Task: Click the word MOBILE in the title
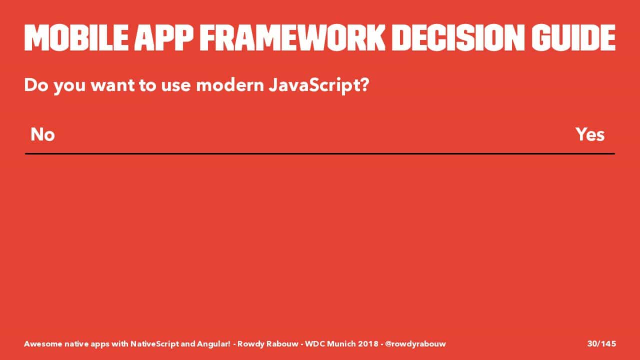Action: [x=76, y=37]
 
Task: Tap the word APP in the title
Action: [x=164, y=37]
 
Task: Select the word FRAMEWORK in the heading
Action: [x=292, y=37]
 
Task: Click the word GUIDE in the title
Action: [x=573, y=37]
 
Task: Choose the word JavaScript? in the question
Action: [x=319, y=85]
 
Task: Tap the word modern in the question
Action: [x=230, y=85]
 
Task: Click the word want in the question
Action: [x=112, y=85]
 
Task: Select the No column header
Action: [x=42, y=134]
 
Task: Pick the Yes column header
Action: [x=590, y=134]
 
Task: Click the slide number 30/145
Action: [x=601, y=343]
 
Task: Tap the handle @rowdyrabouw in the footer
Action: [x=415, y=343]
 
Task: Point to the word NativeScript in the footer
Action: [x=154, y=343]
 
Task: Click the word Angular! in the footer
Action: [x=213, y=344]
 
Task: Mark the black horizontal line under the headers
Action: [x=320, y=153]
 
